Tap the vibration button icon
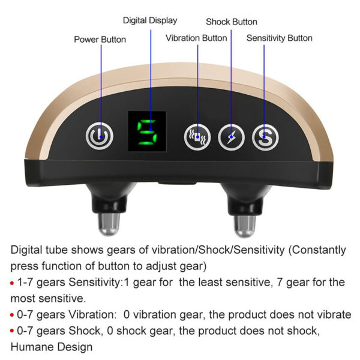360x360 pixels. click(197, 137)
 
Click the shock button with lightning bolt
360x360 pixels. click(231, 137)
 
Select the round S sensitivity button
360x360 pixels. click(265, 137)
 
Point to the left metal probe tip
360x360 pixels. click(109, 224)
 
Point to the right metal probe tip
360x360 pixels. click(245, 226)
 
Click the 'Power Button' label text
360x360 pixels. click(100, 40)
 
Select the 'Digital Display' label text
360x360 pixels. click(150, 20)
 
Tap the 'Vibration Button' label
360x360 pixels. click(196, 38)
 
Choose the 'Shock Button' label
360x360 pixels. click(232, 22)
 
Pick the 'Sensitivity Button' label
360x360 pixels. click(280, 38)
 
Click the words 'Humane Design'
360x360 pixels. click(52, 347)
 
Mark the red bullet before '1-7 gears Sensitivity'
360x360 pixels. click(12, 283)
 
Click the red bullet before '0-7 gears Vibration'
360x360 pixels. click(12, 315)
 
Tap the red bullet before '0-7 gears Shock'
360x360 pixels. click(12, 331)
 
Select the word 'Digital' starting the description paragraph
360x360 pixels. click(26, 250)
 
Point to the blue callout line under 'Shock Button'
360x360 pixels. click(231, 83)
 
